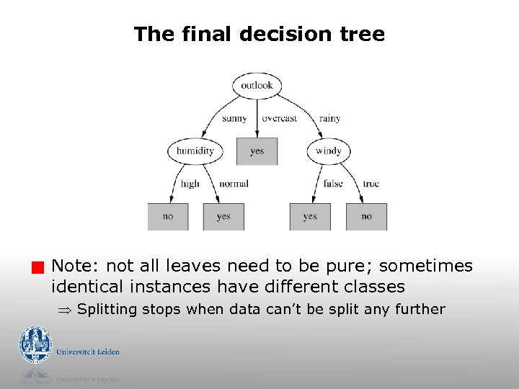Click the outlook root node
click(257, 86)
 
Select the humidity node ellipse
click(195, 151)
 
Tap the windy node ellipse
click(328, 151)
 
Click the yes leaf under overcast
click(257, 151)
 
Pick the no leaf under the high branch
click(168, 216)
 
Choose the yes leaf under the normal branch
click(223, 216)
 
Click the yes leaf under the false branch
click(310, 216)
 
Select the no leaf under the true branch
click(366, 216)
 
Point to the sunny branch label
click(234, 119)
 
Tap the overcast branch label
click(279, 119)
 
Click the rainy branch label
click(329, 119)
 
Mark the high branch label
click(190, 184)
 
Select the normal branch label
click(234, 184)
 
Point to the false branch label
click(333, 184)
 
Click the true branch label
click(371, 184)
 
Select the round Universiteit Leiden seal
click(35, 345)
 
